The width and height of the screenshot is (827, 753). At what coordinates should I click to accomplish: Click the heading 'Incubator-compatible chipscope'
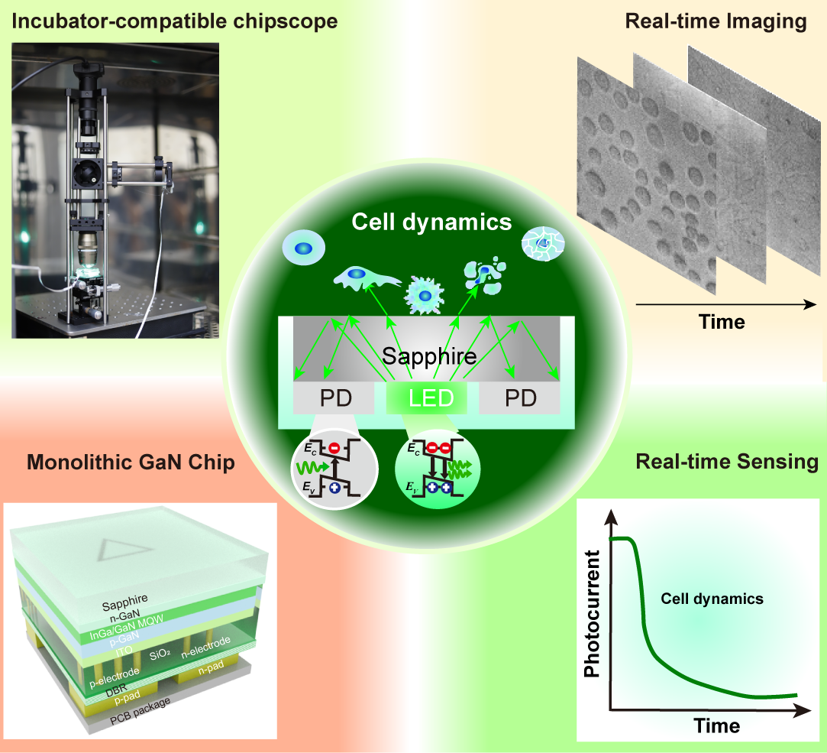pos(174,21)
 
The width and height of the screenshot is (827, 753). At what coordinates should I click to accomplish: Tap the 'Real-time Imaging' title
pos(716,21)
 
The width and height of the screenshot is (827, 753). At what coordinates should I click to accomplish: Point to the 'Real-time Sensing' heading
pos(726,462)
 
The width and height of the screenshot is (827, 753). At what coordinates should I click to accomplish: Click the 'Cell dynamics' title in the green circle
pos(431,222)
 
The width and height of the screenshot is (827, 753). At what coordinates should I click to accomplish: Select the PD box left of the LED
pos(334,398)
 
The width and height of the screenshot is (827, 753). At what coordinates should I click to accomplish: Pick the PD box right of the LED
pos(519,398)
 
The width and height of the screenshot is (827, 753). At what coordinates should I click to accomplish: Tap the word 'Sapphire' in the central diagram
pos(429,356)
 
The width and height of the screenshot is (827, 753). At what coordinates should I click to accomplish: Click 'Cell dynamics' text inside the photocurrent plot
pos(712,599)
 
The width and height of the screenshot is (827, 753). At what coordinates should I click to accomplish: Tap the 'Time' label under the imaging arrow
pos(722,321)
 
